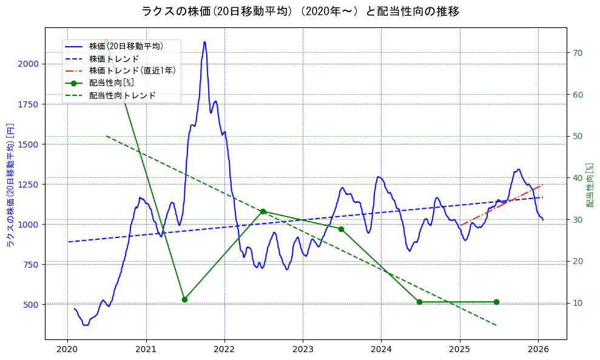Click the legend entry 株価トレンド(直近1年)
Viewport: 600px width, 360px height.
[132, 70]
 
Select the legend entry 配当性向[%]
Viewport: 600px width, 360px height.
[111, 83]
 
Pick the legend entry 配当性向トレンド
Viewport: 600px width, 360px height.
[122, 95]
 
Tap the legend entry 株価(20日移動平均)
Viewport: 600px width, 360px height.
[126, 46]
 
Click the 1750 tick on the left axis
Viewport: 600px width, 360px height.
[28, 104]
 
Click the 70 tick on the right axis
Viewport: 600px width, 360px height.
[578, 53]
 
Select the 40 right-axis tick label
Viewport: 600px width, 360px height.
[578, 178]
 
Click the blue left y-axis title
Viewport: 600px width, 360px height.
[10, 185]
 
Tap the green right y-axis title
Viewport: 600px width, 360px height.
[589, 185]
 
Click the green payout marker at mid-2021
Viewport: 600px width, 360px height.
[184, 299]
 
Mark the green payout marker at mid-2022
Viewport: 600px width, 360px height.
[263, 211]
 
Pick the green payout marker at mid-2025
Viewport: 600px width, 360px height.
[496, 302]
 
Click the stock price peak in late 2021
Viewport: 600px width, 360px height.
[204, 42]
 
